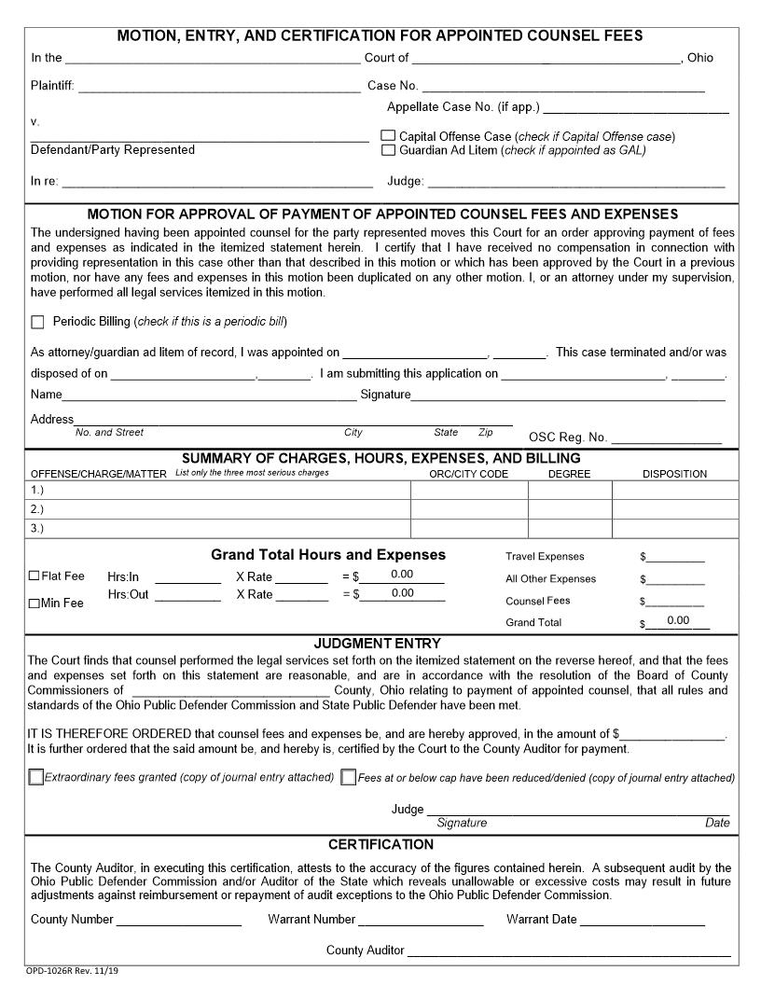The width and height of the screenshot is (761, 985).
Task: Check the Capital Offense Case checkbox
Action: (x=388, y=136)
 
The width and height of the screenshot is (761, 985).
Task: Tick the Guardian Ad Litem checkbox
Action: (x=388, y=150)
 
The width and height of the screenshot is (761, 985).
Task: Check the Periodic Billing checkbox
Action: (x=37, y=322)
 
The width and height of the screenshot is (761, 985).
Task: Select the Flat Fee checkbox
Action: (x=35, y=576)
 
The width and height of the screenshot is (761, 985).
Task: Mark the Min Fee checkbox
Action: (x=35, y=603)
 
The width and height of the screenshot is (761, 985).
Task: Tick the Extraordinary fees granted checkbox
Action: (x=36, y=777)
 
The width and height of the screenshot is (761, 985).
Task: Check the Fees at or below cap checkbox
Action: (x=349, y=777)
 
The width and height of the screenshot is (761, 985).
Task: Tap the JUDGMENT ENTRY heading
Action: (x=377, y=644)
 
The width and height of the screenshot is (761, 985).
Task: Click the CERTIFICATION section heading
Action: (x=380, y=845)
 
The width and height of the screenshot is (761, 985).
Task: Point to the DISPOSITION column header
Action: (x=674, y=474)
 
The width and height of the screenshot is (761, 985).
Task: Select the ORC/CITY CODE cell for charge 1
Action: (x=468, y=491)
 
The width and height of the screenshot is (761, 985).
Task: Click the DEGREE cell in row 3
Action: (x=569, y=529)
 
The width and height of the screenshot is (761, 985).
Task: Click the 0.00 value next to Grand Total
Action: (x=678, y=621)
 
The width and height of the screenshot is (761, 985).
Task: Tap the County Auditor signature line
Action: (x=569, y=952)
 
